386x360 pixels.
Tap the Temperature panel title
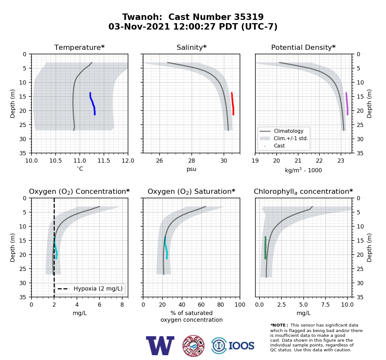[79, 47]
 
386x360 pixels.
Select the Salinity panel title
[191, 47]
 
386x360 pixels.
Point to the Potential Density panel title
[303, 47]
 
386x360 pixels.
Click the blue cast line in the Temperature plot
[93, 104]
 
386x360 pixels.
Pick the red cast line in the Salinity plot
[233, 104]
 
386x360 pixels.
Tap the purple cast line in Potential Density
[347, 104]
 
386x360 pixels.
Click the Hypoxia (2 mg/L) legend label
[98, 289]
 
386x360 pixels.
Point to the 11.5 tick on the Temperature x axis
[104, 161]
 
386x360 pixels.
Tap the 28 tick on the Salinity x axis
[192, 161]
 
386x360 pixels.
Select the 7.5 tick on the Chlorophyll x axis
[325, 305]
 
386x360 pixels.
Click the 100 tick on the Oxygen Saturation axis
[240, 305]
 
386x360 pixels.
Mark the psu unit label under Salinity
[191, 169]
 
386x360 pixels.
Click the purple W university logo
[160, 346]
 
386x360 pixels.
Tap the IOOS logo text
[241, 346]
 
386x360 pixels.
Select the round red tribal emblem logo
[193, 346]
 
